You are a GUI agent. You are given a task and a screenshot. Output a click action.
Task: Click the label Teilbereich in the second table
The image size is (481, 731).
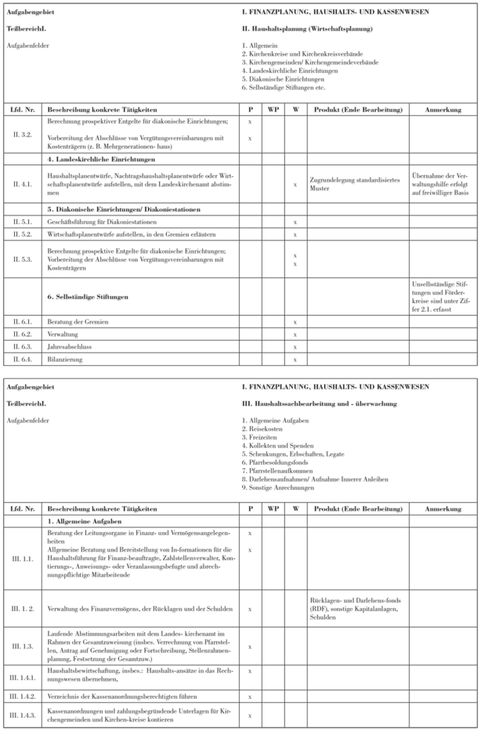coord(20,404)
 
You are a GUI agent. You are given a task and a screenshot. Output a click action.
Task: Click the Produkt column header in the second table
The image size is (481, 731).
coord(356,508)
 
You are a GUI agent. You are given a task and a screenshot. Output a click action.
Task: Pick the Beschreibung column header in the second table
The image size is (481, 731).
coord(102,508)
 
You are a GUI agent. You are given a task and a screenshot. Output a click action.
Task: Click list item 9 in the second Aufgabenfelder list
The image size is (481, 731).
coord(282,487)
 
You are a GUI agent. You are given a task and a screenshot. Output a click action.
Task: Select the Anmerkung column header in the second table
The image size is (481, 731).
coord(443,508)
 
